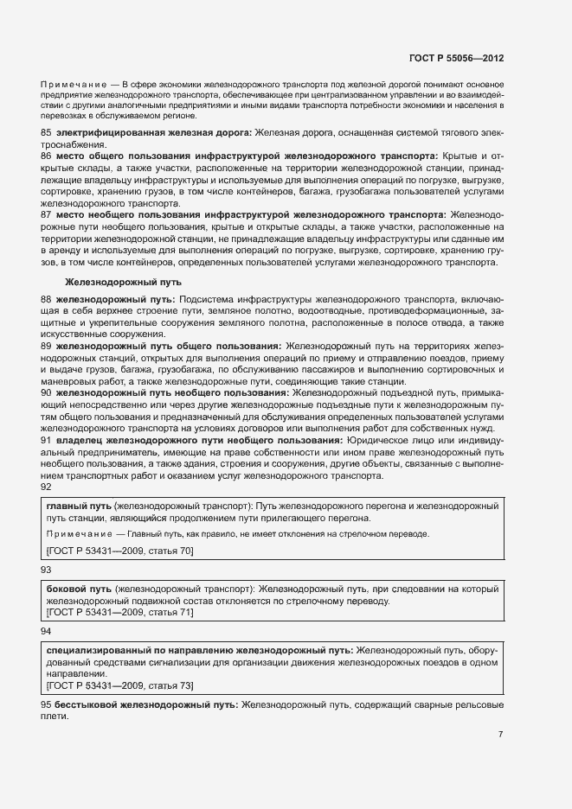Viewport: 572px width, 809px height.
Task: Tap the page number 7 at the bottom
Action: pos(500,735)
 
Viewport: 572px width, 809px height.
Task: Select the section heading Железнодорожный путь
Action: pos(122,283)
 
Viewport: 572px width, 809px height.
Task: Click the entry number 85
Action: pos(47,132)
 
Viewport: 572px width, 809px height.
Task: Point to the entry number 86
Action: pos(47,156)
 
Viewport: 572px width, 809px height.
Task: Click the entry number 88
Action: pos(47,298)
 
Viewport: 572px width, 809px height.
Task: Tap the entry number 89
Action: pos(47,346)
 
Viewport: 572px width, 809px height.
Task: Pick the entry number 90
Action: pos(47,392)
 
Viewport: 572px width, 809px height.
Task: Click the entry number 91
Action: pos(47,440)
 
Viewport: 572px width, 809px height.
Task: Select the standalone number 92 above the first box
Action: pos(47,487)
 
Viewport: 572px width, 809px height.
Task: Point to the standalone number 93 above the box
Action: pos(47,570)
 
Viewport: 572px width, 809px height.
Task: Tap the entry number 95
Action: pos(47,705)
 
